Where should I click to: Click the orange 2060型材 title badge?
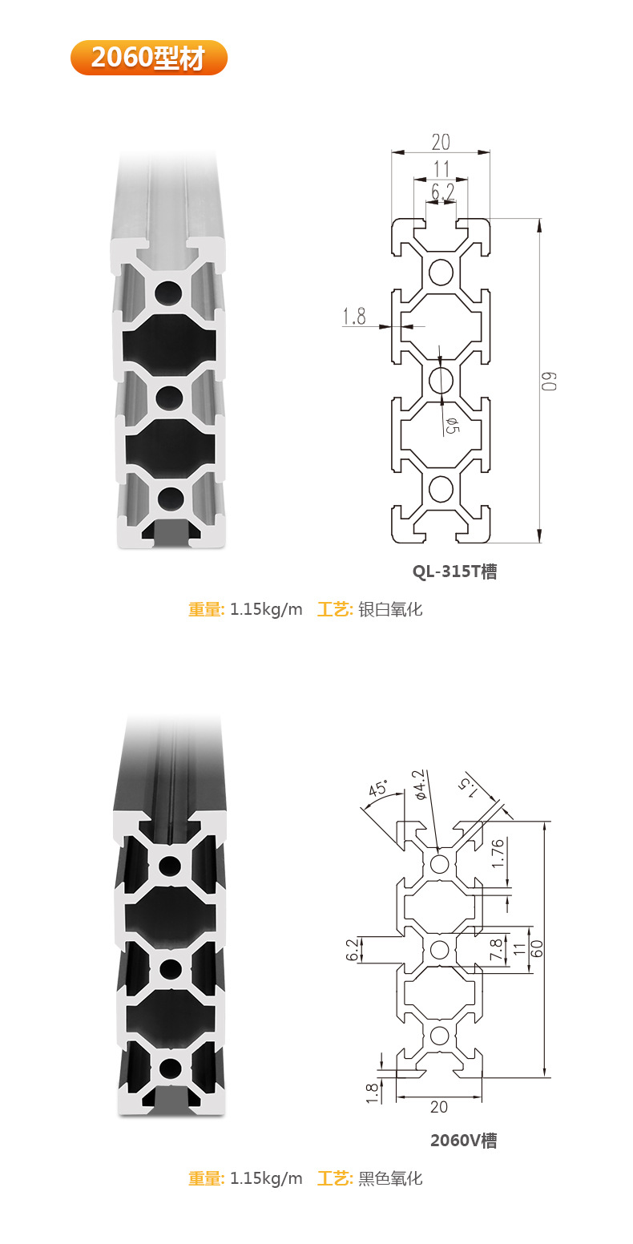click(149, 58)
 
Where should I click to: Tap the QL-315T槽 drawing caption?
click(454, 572)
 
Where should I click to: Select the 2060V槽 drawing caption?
click(463, 1140)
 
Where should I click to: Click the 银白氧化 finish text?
click(390, 609)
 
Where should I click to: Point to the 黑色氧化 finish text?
click(390, 1178)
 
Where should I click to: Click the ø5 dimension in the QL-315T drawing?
click(450, 425)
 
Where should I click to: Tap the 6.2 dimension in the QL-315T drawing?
click(442, 192)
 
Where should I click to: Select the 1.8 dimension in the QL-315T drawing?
click(354, 317)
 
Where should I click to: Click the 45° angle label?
click(377, 789)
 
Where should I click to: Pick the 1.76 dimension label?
click(498, 853)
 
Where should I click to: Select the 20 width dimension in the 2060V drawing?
click(439, 1107)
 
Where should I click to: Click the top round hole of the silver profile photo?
click(169, 293)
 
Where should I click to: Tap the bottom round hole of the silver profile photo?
click(170, 499)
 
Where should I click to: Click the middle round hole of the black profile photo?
click(170, 968)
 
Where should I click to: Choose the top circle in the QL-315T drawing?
click(441, 273)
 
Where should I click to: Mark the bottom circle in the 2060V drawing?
click(439, 1035)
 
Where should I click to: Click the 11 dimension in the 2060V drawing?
click(518, 949)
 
